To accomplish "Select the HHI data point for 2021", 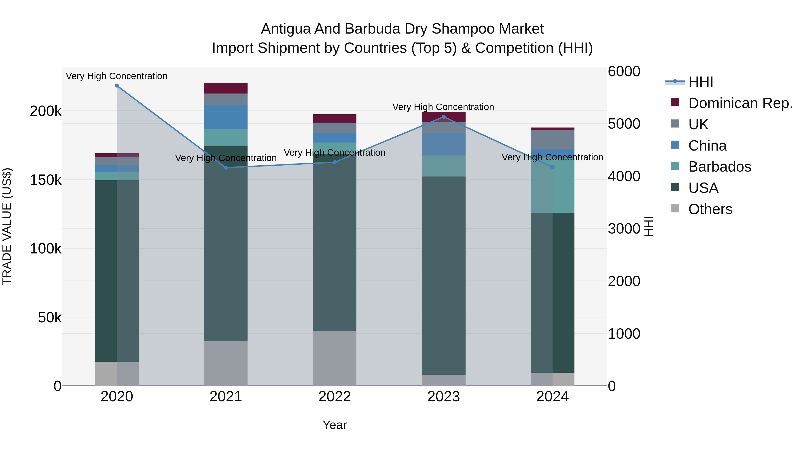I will point(226,168).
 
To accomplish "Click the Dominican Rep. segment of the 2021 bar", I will point(226,88).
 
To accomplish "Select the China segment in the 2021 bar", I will point(226,117).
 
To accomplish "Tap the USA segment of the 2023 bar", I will point(443,275).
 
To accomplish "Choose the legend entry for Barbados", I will point(719,167).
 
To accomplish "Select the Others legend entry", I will point(710,209).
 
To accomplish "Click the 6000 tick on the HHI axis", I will point(624,71).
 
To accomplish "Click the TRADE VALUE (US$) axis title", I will point(7,226).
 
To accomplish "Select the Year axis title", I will point(334,425).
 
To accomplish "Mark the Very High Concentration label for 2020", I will point(117,76).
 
